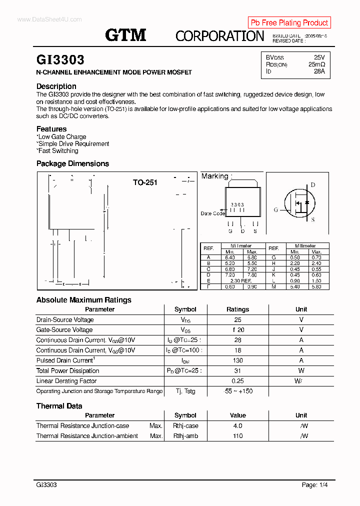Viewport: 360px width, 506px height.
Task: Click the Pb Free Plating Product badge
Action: tap(289, 23)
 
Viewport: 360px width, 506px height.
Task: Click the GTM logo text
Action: tap(125, 35)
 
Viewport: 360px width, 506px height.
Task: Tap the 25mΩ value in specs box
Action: tap(316, 64)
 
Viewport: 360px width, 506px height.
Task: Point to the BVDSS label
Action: tap(274, 57)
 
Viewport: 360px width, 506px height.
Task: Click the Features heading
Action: tap(51, 129)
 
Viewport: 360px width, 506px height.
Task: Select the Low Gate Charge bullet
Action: tap(62, 137)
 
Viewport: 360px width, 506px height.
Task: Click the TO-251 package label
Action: tap(145, 182)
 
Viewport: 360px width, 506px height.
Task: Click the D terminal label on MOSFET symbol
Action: tap(313, 185)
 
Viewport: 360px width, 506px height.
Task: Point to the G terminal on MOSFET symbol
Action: tap(275, 210)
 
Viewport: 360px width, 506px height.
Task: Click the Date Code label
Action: tap(212, 213)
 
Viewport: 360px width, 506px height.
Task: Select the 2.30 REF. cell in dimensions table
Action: tap(241, 281)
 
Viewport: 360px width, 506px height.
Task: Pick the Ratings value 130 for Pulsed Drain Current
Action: tap(237, 360)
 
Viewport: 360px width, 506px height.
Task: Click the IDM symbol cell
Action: tap(185, 361)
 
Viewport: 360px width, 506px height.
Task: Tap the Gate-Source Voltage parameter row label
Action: tap(64, 330)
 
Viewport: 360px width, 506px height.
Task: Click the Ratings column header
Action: tap(237, 309)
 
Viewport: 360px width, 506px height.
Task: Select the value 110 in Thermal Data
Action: tap(237, 436)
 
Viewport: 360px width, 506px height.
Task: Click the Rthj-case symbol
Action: tap(185, 426)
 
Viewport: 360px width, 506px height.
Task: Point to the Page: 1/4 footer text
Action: tap(314, 485)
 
